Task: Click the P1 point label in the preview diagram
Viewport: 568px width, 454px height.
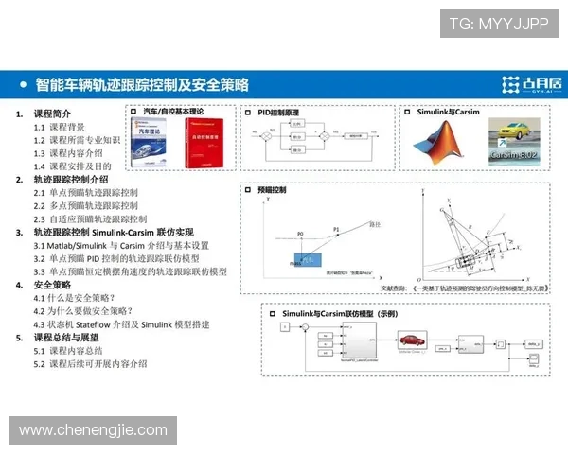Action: tap(335, 229)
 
